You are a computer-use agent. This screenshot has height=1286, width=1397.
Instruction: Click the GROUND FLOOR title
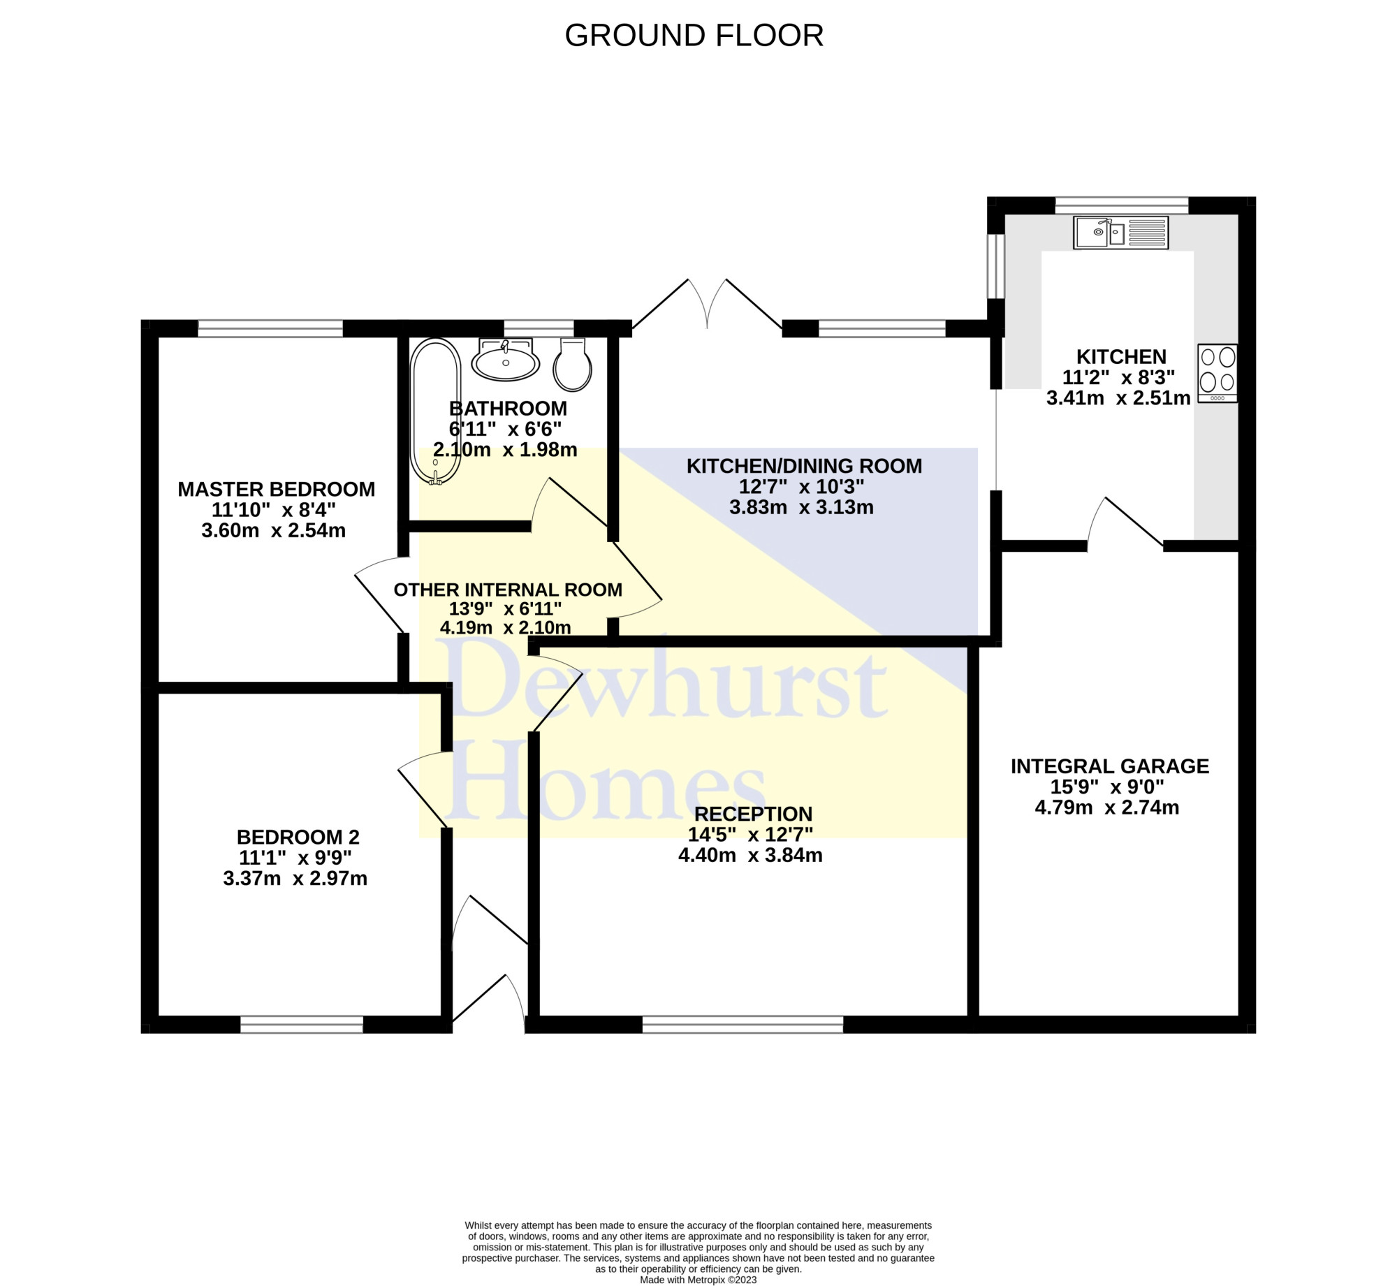tap(694, 36)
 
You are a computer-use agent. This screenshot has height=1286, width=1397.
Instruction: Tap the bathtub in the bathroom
tap(436, 411)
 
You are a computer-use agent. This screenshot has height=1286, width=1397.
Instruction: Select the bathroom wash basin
tap(505, 360)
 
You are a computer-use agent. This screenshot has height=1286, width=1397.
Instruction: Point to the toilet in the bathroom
tap(573, 365)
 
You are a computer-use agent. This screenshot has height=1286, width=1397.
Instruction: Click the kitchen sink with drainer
tap(1121, 233)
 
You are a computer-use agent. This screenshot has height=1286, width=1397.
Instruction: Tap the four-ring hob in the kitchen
tap(1217, 373)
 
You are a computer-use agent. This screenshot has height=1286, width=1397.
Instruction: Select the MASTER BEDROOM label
tap(277, 489)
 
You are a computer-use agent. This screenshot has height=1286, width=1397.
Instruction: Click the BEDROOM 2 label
tap(298, 837)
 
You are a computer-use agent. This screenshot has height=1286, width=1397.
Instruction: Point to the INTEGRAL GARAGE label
tap(1110, 766)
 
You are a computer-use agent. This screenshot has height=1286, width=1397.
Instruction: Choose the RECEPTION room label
tap(754, 814)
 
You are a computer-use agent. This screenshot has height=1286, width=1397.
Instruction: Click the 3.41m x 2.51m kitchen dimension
tap(1118, 398)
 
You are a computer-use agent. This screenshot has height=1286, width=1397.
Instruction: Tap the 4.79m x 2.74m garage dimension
tap(1107, 808)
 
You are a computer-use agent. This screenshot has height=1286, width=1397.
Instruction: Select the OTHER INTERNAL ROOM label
tap(508, 590)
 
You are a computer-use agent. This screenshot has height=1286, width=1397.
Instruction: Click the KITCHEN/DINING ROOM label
tap(804, 466)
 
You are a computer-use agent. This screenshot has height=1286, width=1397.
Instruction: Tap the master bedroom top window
tap(270, 328)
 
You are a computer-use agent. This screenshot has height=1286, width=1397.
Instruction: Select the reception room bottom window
tap(743, 1024)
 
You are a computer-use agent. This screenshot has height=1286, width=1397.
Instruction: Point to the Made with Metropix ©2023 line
tap(698, 1280)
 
